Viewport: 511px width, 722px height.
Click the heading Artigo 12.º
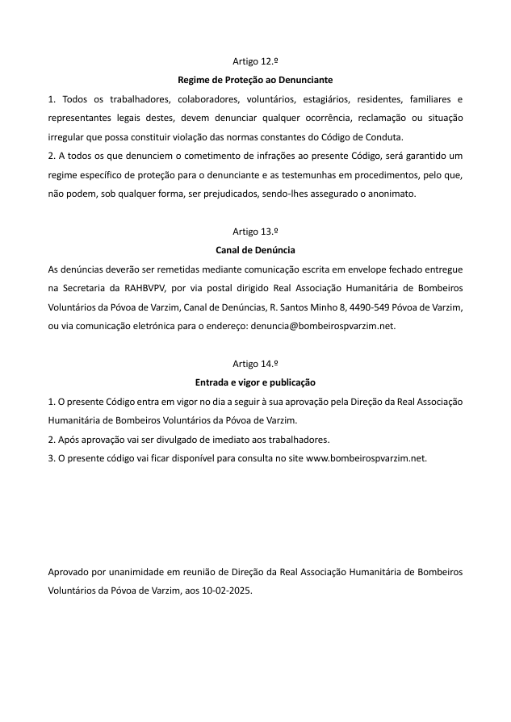click(x=255, y=62)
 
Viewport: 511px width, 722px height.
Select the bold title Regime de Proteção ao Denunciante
click(x=255, y=81)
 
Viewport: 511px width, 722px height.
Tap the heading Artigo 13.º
click(x=255, y=232)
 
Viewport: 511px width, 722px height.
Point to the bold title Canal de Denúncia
click(x=255, y=250)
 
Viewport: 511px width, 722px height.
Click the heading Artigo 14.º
click(x=255, y=364)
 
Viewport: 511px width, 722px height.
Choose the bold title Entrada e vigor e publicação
click(x=255, y=382)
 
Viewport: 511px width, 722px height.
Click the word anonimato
click(x=390, y=194)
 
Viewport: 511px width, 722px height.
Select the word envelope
click(x=344, y=269)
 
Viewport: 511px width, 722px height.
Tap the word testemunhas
click(x=324, y=175)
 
